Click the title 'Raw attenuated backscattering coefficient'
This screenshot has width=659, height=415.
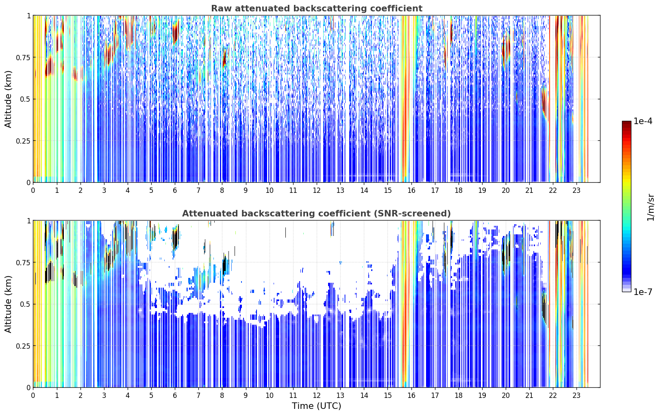pos(317,8)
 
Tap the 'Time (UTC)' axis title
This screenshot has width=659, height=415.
pos(317,406)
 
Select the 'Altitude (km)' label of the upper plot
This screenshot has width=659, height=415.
pos(8,99)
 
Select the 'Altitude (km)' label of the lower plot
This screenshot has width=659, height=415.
pos(8,304)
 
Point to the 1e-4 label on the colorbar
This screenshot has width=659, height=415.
pos(643,121)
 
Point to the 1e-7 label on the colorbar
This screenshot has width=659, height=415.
pos(643,292)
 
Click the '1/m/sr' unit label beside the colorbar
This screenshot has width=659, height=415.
pos(650,207)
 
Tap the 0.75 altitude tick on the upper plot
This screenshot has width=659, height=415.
pos(23,57)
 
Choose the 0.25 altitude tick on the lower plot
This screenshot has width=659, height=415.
pos(23,346)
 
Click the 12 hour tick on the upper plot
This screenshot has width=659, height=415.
pos(317,190)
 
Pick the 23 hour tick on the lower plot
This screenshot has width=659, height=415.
pos(576,395)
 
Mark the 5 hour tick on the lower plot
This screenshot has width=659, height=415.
pos(151,395)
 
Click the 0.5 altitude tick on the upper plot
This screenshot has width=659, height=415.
pos(25,99)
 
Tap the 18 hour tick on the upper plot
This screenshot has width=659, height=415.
pos(458,190)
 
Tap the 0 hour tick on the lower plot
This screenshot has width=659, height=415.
pos(33,395)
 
